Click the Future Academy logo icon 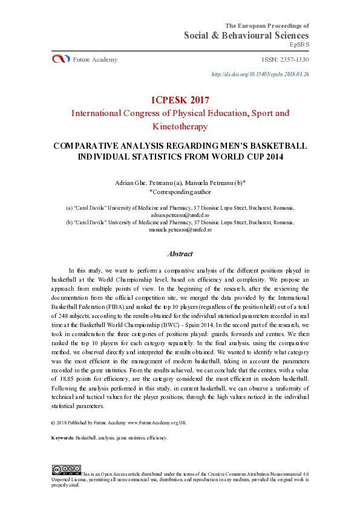pos(61,59)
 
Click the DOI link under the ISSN pos(260,74)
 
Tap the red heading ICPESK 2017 pos(180,99)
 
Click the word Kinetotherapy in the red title pos(180,126)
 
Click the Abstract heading pos(180,254)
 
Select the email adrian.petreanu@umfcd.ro pos(180,214)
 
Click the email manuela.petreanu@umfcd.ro pos(180,230)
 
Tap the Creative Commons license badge pos(66,469)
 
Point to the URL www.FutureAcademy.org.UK pos(157,423)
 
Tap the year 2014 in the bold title pos(270,157)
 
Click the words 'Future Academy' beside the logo pos(95,59)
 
